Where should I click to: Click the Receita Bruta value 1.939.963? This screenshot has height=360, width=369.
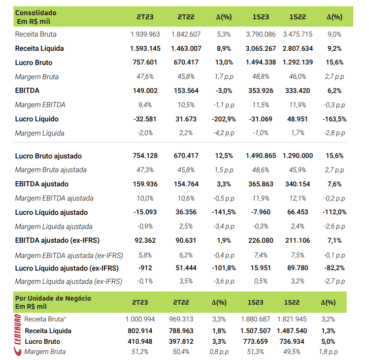point(145,35)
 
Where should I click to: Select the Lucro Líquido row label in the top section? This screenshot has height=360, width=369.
point(37,119)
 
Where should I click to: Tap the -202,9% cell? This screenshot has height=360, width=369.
point(224,119)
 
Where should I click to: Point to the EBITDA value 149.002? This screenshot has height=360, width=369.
point(145,91)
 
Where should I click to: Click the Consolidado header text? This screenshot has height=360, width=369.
point(36,13)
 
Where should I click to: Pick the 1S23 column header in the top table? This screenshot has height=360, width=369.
point(260,17)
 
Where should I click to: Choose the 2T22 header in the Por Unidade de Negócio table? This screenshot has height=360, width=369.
point(181,302)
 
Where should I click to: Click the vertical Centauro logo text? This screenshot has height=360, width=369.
point(18,329)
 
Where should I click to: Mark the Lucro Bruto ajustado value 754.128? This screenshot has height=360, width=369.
point(145,156)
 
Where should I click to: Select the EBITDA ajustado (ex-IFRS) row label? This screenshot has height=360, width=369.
point(57,240)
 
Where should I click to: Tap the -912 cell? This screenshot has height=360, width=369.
point(145,268)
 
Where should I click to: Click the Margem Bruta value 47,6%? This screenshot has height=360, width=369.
point(145,77)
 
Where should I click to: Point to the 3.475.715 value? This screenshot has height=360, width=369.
point(297,35)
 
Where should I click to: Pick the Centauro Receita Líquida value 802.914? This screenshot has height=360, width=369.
point(140,331)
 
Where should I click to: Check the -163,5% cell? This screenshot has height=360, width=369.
point(334,119)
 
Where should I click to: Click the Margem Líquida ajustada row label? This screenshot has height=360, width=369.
point(54,226)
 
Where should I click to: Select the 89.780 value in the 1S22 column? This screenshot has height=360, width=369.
point(297,268)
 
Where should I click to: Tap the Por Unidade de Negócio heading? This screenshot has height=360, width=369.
point(53,299)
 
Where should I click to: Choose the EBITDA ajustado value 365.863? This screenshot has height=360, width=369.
point(260,184)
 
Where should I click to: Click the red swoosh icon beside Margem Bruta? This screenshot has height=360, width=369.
point(18,351)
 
